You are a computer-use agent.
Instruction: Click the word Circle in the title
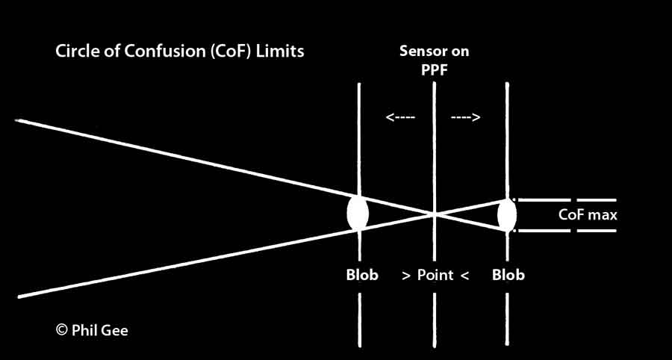click(x=75, y=53)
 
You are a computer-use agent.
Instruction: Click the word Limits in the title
click(x=277, y=53)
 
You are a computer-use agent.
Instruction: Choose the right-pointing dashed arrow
click(x=466, y=117)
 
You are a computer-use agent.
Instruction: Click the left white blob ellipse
click(x=358, y=213)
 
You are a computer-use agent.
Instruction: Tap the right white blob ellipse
click(x=507, y=215)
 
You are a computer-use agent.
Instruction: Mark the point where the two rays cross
click(x=434, y=214)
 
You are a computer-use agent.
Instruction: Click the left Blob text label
click(x=362, y=275)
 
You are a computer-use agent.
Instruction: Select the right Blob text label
click(x=508, y=275)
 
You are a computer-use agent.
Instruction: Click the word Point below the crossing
click(x=435, y=275)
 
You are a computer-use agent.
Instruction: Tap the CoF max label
click(x=588, y=215)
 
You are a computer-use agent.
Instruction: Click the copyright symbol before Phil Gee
click(x=62, y=329)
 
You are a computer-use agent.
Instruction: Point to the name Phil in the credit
click(x=87, y=329)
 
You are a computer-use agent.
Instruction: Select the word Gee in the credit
click(x=116, y=329)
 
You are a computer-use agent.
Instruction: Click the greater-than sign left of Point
click(x=406, y=276)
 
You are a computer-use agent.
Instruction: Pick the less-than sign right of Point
click(x=464, y=276)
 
